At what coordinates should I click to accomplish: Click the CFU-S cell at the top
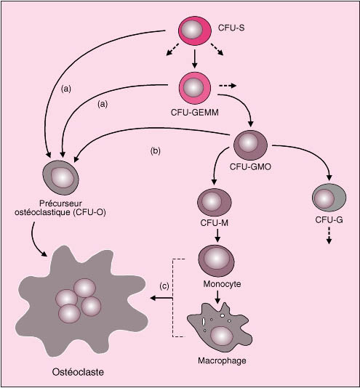coord(195,31)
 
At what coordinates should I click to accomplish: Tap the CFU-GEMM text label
coord(195,113)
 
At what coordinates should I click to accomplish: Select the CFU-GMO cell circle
coord(251,145)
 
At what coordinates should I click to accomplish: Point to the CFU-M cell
coord(215,202)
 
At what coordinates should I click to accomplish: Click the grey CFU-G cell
coord(329,198)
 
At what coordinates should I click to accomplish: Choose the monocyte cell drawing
coord(216,261)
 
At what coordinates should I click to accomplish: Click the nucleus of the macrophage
coord(222,336)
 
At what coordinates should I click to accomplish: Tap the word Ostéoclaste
coord(78,372)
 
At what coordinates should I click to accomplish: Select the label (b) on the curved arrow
coord(156,151)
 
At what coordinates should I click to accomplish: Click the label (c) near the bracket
coord(164,286)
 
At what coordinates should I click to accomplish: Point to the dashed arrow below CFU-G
coord(329,235)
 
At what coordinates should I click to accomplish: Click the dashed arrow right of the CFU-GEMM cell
coord(228,86)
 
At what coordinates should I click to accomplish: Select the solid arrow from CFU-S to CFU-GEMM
coord(195,59)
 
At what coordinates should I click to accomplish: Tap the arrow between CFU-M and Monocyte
coord(217,236)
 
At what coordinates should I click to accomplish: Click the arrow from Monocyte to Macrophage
coord(217,297)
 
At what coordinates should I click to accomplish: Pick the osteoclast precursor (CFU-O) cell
coord(61,177)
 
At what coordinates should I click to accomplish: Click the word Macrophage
coord(222,360)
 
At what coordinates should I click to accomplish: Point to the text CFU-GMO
coord(250,167)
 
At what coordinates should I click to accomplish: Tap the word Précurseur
coord(60,203)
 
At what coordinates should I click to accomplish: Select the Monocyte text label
coord(222,284)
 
